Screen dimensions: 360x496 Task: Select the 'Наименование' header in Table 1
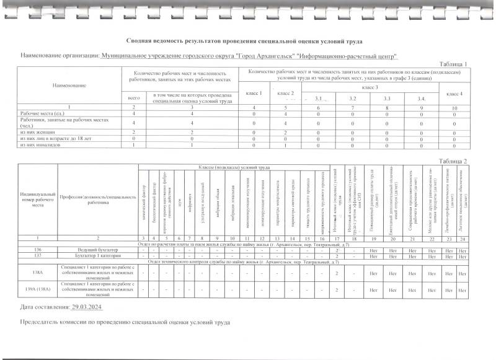pos(69,86)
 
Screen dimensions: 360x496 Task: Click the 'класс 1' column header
pos(254,93)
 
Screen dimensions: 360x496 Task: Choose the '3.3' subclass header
pos(387,99)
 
